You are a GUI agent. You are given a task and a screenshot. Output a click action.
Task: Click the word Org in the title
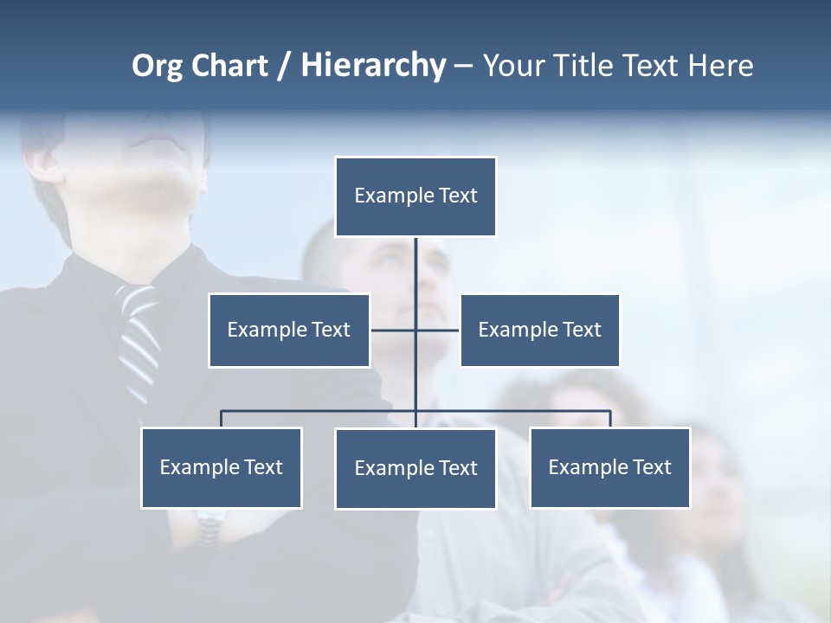157,67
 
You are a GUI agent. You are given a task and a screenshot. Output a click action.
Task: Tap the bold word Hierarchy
373,66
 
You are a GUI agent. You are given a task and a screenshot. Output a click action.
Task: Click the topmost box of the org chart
415,196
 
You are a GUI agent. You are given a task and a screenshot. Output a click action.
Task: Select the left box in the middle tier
289,331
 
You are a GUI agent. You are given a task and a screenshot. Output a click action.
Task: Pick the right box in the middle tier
539,331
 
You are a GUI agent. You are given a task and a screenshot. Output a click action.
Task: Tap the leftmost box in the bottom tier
221,468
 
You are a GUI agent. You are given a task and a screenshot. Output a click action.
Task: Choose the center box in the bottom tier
415,469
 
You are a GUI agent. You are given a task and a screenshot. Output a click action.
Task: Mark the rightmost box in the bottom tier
609,468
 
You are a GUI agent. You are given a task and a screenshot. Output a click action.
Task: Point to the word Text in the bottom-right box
652,468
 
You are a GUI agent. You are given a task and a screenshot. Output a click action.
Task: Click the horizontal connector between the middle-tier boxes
437,330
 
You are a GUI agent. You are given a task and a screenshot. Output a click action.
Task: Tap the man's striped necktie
138,333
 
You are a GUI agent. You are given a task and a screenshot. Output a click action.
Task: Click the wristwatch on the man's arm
210,524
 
